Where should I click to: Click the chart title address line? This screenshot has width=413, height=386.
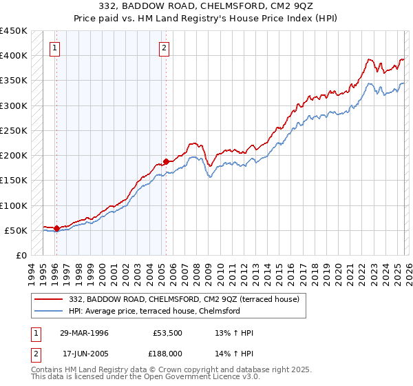(206, 6)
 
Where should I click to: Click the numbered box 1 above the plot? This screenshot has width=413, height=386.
(54, 48)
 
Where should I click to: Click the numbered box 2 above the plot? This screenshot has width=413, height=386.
(165, 48)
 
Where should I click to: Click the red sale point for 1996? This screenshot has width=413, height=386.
(56, 228)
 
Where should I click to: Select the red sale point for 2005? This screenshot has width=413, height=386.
(166, 161)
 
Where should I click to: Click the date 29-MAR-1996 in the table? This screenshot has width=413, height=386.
(83, 333)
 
